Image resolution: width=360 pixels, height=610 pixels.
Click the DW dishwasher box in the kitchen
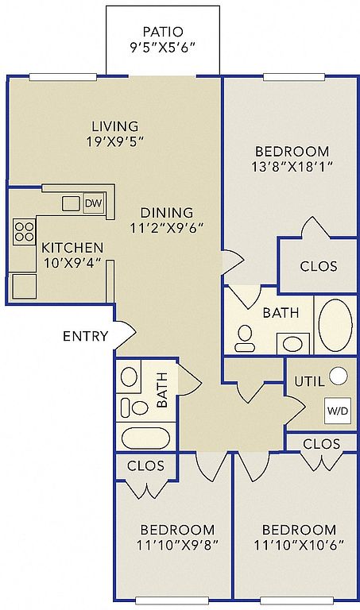94,203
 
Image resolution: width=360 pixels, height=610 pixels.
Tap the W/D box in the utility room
338,411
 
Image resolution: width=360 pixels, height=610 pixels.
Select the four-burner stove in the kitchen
24,232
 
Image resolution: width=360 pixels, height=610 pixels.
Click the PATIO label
163,32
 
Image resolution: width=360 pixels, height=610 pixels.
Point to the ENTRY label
85,336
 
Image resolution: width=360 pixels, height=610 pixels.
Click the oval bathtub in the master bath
335,325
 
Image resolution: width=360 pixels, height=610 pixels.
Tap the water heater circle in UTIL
339,376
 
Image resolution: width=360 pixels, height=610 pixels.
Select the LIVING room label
114,126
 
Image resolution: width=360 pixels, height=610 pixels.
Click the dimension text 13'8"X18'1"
292,168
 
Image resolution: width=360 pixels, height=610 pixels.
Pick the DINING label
167,213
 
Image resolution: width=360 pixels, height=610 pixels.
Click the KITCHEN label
72,248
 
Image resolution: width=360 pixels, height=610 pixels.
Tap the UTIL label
309,381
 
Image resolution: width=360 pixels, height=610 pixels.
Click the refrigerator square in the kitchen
24,286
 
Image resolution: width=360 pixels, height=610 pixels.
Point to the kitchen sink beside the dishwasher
71,203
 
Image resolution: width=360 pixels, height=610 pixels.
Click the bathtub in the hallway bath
145,438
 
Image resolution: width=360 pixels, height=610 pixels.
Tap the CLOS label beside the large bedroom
319,267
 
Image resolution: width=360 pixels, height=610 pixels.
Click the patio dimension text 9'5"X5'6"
162,48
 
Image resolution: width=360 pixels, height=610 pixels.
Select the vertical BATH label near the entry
162,390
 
